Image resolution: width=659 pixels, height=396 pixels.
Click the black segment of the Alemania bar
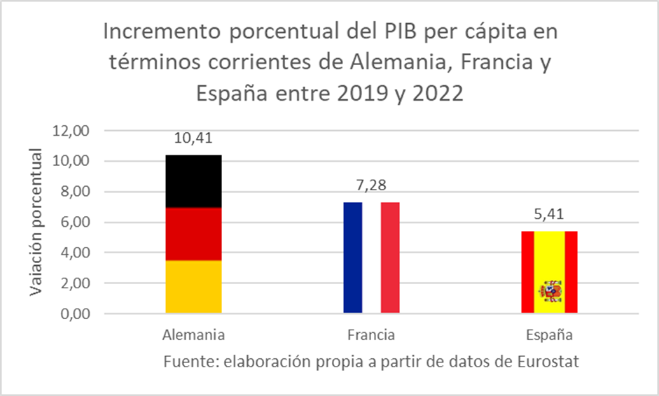[x=193, y=181]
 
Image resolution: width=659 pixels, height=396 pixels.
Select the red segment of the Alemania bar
[x=193, y=234]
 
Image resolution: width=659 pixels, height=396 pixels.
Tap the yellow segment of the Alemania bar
[x=193, y=287]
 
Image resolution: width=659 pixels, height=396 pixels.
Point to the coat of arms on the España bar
[x=549, y=290]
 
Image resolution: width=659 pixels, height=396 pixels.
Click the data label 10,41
[x=193, y=139]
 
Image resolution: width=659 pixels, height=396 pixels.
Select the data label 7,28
[x=371, y=186]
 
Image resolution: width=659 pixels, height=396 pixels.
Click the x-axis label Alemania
[x=193, y=335]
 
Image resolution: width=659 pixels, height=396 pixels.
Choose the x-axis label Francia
[x=371, y=335]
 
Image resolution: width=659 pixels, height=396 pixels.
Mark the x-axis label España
[x=549, y=335]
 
